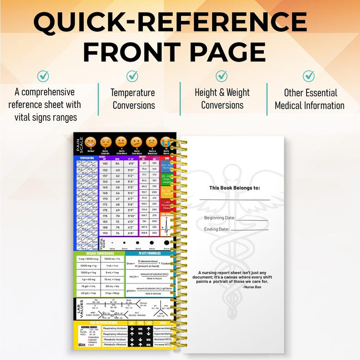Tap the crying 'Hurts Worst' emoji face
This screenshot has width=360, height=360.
pyautogui.click(x=166, y=141)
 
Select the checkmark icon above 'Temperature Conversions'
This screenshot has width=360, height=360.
pyautogui.click(x=132, y=75)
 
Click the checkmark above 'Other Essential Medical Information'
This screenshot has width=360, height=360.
pyautogui.click(x=309, y=75)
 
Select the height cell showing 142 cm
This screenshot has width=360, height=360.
pyautogui.click(x=105, y=164)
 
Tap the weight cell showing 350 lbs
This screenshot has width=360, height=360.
pyautogui.click(x=155, y=233)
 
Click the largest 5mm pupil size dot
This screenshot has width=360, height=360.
pyautogui.click(x=166, y=243)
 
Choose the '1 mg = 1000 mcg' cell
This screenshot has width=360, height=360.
pyautogui.click(x=87, y=258)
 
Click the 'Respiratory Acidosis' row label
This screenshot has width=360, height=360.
pyautogui.click(x=115, y=327)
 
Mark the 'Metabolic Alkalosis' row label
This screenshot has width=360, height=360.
pyautogui.click(x=115, y=345)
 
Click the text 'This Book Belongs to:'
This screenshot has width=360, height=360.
pyautogui.click(x=234, y=188)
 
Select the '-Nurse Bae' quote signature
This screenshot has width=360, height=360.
pyautogui.click(x=252, y=287)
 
